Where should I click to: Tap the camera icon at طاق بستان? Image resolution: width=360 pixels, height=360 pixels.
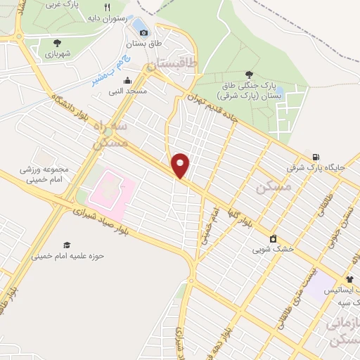(x=144, y=32)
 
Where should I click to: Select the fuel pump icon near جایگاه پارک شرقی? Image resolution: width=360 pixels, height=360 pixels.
(x=316, y=157)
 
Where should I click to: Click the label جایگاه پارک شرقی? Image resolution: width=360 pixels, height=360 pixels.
(x=316, y=168)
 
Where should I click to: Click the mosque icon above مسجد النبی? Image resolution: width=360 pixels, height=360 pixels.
(x=127, y=80)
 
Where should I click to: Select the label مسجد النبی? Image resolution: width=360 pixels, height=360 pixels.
(x=127, y=91)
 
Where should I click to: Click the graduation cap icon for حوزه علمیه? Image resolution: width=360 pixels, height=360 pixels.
(x=67, y=245)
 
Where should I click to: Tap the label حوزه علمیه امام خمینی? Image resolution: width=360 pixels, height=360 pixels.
(x=67, y=256)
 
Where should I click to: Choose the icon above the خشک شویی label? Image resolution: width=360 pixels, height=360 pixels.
(x=273, y=238)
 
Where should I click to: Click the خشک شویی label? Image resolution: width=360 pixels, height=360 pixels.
(x=273, y=250)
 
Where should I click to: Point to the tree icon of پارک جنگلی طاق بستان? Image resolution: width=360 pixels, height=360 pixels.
(x=250, y=74)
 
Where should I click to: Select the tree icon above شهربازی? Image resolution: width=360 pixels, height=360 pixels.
(x=56, y=42)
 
